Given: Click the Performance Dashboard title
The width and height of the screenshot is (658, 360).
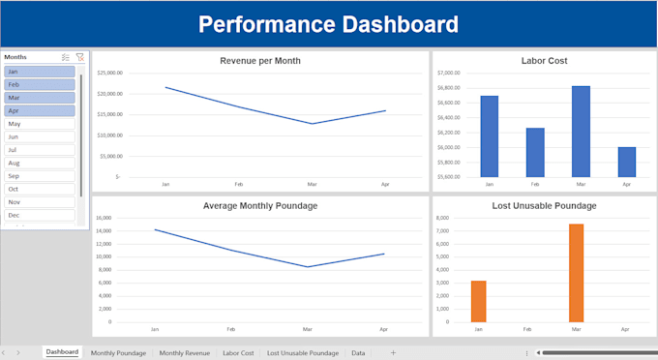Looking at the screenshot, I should point(329,24).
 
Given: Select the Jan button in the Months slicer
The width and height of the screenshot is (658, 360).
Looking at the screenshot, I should point(40,72).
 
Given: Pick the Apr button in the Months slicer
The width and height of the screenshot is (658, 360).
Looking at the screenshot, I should point(40,110).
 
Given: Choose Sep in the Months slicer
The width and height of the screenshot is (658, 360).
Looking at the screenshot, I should point(40,176).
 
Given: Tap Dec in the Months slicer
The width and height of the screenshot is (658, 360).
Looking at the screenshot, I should point(40,215).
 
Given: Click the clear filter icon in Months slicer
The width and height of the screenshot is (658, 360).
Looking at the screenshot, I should point(79,57).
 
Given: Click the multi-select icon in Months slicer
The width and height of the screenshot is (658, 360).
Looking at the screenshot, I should point(65,57).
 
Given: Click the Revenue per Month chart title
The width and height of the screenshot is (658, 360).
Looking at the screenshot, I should point(260,61).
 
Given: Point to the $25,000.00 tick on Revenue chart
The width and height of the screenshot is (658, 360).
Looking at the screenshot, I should point(109,73).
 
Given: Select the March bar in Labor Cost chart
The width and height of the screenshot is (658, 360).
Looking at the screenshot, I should point(581,131).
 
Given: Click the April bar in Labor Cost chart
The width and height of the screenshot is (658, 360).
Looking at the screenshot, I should point(627,162).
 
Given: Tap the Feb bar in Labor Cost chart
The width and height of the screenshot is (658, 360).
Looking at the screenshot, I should point(535,152).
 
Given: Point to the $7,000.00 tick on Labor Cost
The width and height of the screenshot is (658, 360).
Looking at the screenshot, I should point(448,73).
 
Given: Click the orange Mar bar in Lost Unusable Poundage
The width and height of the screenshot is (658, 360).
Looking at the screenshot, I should point(576,273).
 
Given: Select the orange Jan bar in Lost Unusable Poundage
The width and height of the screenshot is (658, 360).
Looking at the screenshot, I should point(478,301).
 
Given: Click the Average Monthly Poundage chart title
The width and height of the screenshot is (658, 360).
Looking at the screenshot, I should point(260,206).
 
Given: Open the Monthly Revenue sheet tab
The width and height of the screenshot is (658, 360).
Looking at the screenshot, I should point(184,353).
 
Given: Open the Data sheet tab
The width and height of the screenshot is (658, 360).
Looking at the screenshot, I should point(358,353).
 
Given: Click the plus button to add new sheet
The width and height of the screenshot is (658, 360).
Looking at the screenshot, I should point(393,353).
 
